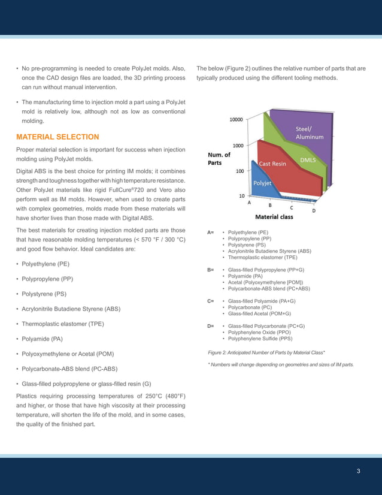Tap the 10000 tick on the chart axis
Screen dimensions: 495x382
(237, 120)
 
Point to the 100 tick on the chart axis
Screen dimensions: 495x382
(239, 171)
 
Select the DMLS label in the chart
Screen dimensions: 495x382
(308, 160)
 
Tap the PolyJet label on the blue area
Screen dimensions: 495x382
(263, 183)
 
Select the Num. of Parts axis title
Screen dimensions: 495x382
(219, 158)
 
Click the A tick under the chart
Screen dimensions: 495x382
(250, 203)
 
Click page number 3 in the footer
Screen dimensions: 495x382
(358, 470)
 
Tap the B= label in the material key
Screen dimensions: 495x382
(211, 270)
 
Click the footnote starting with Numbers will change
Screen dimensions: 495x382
(281, 364)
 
